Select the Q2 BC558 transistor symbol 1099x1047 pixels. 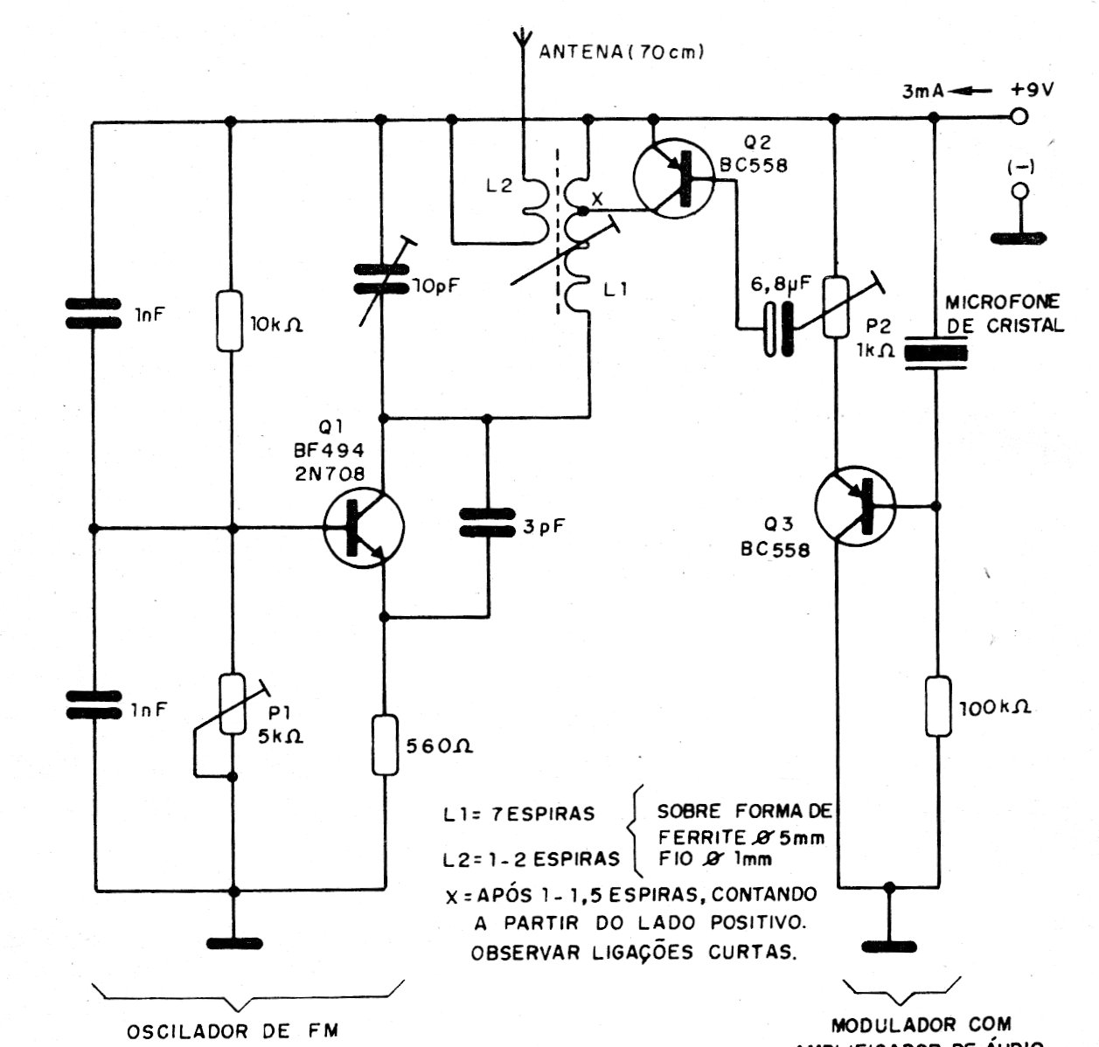[673, 180]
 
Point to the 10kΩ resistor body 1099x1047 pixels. [231, 321]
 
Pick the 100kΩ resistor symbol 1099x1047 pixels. [937, 705]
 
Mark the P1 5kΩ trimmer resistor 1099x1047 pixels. [231, 704]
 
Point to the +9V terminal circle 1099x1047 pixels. [1018, 116]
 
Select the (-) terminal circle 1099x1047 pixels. [1018, 191]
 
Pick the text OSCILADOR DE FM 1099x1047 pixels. [232, 1031]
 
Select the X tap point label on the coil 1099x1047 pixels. [597, 199]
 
